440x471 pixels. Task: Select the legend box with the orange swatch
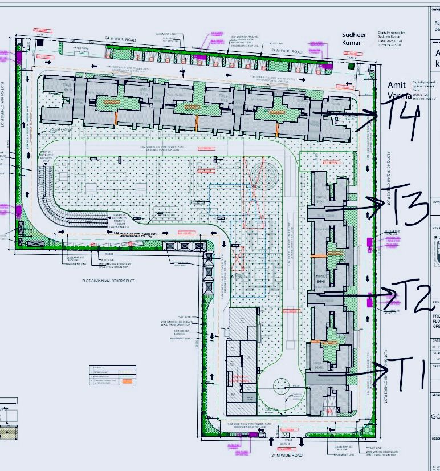113,373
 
